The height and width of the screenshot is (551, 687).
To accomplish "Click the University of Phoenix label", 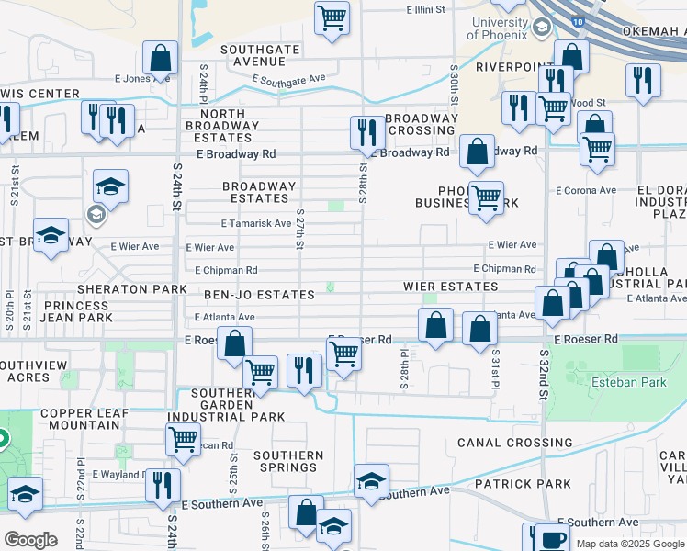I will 499,28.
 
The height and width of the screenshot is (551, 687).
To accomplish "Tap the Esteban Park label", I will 629,382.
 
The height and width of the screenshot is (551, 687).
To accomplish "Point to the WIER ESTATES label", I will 450,287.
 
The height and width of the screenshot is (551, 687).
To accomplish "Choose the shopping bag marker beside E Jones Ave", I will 160,59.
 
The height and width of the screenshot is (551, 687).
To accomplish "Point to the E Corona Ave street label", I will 585,191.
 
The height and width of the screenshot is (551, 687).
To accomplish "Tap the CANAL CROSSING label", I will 514,443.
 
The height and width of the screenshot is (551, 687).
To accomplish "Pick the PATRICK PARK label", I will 523,483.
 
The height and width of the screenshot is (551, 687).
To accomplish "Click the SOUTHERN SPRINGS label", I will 288,461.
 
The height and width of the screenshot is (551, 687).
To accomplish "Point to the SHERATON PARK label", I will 119,288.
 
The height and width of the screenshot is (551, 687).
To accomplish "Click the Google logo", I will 30,539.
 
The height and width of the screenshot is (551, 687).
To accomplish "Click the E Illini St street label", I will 425,10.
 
